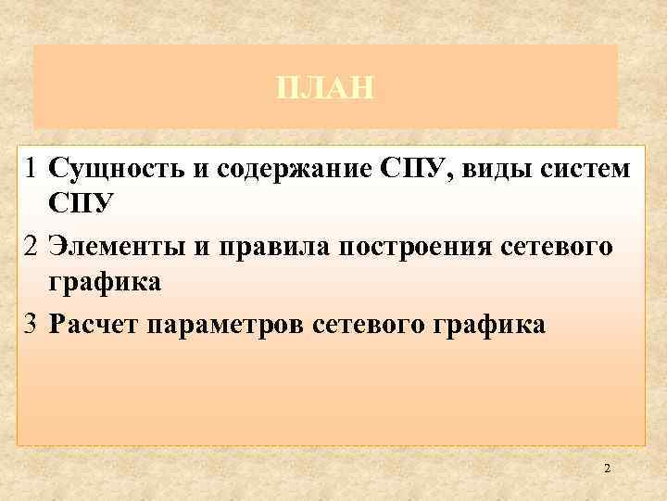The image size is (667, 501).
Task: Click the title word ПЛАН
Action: [325, 89]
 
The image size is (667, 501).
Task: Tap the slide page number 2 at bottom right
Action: [607, 469]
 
